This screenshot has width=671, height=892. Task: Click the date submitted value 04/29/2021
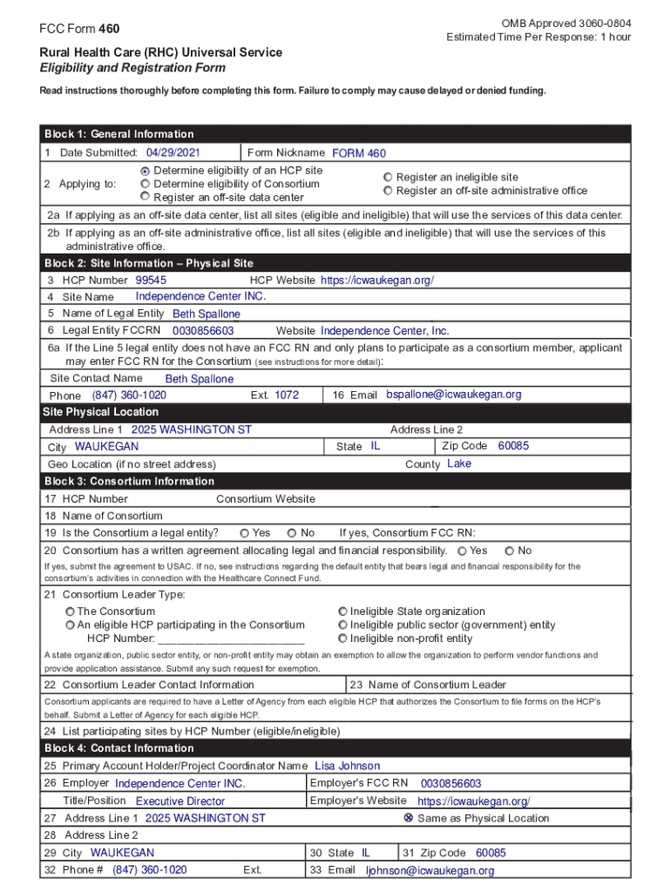pyautogui.click(x=174, y=152)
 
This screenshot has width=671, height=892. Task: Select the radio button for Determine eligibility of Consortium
pyautogui.click(x=145, y=185)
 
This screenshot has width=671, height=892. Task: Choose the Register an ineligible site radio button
pyautogui.click(x=388, y=177)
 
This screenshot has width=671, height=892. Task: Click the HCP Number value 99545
pyautogui.click(x=151, y=280)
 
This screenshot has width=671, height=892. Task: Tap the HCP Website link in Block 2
pyautogui.click(x=376, y=280)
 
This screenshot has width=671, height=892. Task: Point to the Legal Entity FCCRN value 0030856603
pyautogui.click(x=203, y=331)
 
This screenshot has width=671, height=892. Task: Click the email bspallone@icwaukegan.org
pyautogui.click(x=453, y=395)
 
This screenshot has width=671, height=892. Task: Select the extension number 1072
pyautogui.click(x=287, y=395)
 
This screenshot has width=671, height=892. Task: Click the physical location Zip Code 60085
pyautogui.click(x=513, y=446)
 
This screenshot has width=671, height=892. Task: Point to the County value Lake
pyautogui.click(x=458, y=463)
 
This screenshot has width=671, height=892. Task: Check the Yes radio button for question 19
pyautogui.click(x=245, y=533)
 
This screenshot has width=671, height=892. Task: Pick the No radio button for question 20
pyautogui.click(x=509, y=551)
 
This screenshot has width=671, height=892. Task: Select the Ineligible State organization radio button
pyautogui.click(x=342, y=612)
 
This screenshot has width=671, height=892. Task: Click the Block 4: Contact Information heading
pyautogui.click(x=119, y=748)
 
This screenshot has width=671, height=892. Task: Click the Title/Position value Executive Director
pyautogui.click(x=180, y=801)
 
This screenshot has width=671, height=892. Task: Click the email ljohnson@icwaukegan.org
pyautogui.click(x=430, y=870)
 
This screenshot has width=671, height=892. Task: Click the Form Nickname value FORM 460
pyautogui.click(x=358, y=153)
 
